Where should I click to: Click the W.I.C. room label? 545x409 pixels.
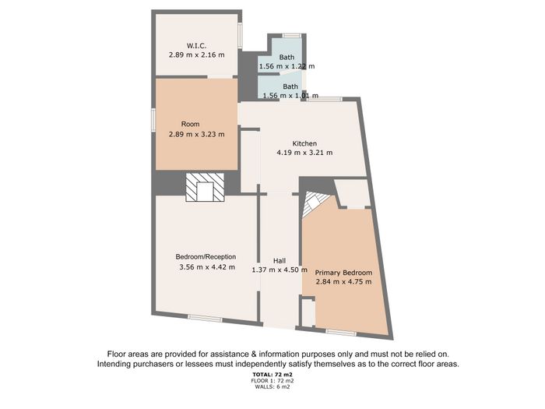[196, 45]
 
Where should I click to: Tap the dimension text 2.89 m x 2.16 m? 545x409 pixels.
[197, 55]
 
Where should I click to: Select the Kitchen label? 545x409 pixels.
[304, 143]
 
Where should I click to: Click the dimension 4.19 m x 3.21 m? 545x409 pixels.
[304, 153]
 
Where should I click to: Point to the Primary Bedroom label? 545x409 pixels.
[343, 273]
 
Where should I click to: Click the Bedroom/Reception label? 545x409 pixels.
[206, 256]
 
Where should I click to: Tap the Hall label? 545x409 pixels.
[280, 260]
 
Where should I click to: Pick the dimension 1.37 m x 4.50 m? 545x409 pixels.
[280, 270]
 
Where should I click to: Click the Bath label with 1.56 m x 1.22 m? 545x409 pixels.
[287, 57]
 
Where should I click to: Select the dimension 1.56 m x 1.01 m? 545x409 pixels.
[290, 95]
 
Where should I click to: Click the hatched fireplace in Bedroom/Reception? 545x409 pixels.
[205, 187]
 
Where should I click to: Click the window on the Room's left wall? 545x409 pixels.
[153, 120]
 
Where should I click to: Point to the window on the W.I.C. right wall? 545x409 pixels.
[240, 36]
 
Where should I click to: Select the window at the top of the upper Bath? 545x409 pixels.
[292, 36]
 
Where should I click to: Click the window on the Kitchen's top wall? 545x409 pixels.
[325, 100]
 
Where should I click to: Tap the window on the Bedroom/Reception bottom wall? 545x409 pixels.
[205, 318]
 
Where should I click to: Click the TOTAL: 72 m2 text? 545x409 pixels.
[272, 375]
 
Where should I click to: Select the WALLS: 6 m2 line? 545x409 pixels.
[272, 386]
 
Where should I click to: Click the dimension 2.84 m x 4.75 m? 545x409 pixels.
[344, 282]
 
